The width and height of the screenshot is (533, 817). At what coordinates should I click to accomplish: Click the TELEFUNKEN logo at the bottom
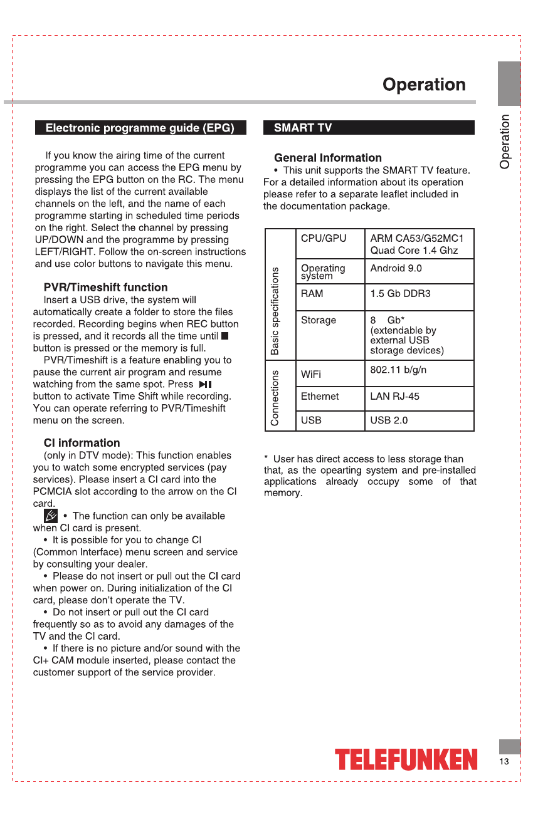[406, 760]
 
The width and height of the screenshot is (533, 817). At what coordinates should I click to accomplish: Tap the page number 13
[504, 761]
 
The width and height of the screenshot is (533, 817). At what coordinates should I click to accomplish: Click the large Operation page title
[424, 85]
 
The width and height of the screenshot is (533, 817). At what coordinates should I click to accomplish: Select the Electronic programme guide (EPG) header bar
[140, 128]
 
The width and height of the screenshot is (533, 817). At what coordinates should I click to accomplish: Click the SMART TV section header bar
[369, 128]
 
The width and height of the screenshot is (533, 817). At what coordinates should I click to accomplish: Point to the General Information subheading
[328, 158]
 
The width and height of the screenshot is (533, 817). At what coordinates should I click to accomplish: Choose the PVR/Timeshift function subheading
[105, 288]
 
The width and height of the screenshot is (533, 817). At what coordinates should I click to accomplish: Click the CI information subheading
[82, 443]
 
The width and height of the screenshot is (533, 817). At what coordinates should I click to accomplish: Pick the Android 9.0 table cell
[396, 268]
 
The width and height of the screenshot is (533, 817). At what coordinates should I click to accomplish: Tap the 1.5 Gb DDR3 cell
[400, 293]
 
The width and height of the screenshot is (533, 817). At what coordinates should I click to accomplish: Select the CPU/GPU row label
[324, 239]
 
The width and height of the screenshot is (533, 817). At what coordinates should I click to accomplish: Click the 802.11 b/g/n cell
[398, 370]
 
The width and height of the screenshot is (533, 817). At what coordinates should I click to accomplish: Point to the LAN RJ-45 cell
[394, 396]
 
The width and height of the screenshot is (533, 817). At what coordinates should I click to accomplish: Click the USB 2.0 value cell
[389, 420]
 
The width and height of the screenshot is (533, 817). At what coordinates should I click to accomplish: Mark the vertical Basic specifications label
[275, 311]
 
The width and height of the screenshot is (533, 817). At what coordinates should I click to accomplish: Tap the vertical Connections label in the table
[275, 397]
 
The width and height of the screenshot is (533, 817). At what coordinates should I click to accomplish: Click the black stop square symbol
[225, 336]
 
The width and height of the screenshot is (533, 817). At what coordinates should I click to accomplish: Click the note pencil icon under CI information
[51, 516]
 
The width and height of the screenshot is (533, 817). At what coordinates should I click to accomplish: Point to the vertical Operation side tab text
[505, 141]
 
